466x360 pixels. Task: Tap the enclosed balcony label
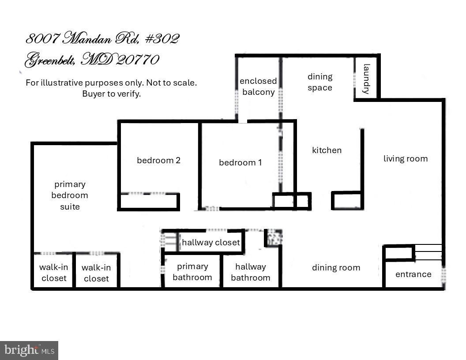[258, 86]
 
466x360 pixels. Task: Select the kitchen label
[327, 150]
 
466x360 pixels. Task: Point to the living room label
[405, 159]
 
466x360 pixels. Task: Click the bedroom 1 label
[240, 163]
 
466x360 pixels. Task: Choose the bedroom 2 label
[158, 161]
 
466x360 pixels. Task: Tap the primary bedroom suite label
[70, 195]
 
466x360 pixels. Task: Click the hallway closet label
[210, 242]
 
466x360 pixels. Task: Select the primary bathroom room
[192, 272]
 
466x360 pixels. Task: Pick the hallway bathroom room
[250, 272]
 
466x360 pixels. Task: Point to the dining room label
[336, 268]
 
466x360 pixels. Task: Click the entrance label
[413, 274]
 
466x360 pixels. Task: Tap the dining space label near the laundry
[320, 82]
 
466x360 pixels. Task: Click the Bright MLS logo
[29, 350]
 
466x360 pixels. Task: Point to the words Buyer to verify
[111, 94]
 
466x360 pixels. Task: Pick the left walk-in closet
[53, 273]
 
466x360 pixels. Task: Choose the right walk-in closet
[96, 273]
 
